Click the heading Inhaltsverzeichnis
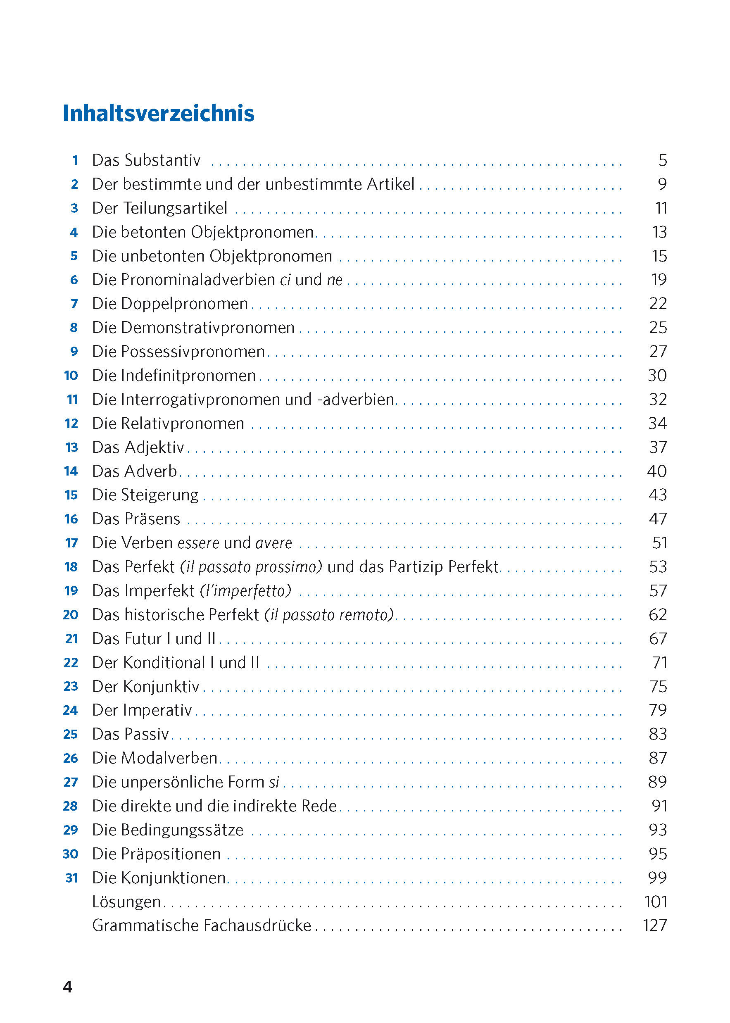158,113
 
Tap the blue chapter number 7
75,304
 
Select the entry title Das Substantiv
146,160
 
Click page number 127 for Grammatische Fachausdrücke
654,925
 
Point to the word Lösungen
126,901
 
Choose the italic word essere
199,543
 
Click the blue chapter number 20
71,614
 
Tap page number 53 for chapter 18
658,567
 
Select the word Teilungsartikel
175,208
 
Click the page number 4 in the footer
67,987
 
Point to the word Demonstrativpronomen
208,328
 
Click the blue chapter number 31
71,878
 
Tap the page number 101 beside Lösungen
655,901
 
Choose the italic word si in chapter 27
274,782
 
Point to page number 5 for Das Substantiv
663,160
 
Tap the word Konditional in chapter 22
164,663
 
